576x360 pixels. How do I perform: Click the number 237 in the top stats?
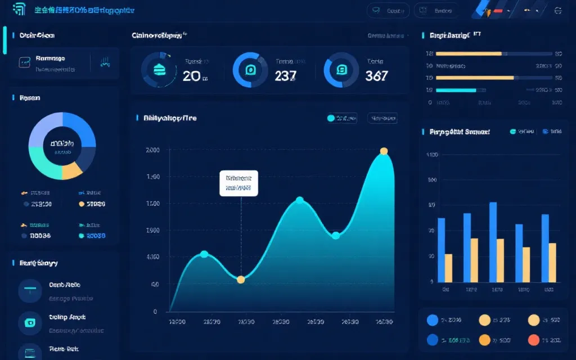click(285, 76)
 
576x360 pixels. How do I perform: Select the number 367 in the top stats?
click(376, 76)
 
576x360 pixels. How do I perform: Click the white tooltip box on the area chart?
click(238, 183)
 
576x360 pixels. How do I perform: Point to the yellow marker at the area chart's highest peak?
click(384, 151)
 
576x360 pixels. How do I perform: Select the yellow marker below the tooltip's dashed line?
click(241, 280)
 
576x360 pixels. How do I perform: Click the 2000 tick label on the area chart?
click(152, 150)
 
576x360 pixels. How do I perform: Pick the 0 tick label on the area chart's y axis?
click(155, 312)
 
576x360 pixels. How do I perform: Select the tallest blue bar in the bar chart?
click(493, 242)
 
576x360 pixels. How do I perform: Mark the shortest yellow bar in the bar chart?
click(448, 268)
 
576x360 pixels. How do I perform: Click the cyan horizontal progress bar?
click(461, 90)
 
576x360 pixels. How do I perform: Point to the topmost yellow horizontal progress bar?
click(469, 54)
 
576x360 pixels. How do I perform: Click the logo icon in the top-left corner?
click(19, 10)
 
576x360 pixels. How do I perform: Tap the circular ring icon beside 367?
click(341, 70)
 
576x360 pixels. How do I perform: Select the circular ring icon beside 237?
click(250, 70)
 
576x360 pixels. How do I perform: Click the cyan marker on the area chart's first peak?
click(204, 254)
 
